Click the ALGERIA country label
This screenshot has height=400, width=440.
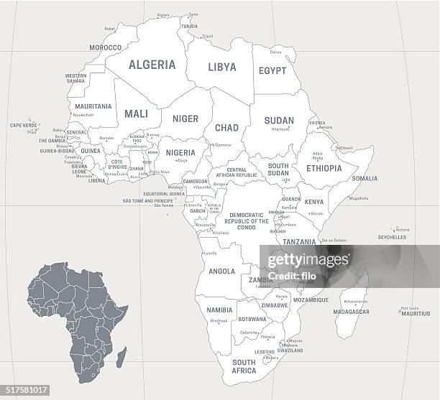(x=152, y=65)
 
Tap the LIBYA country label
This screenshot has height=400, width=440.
(x=221, y=67)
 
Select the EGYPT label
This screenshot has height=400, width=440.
(x=272, y=70)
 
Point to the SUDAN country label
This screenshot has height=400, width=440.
(x=279, y=120)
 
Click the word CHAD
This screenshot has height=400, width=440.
(x=226, y=128)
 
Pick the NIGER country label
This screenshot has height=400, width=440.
(x=185, y=119)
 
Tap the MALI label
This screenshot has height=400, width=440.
(x=136, y=113)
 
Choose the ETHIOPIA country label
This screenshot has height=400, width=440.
(x=324, y=168)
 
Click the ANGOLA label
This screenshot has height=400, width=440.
(x=221, y=271)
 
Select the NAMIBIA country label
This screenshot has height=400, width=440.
(x=219, y=310)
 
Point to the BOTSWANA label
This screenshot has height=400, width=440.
(x=252, y=319)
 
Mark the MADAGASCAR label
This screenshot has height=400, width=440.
(x=352, y=312)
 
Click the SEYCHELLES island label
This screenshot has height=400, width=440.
(x=392, y=237)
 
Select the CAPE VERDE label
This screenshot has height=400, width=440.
(x=23, y=125)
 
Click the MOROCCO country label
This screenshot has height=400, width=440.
(x=105, y=47)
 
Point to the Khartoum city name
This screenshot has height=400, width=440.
(x=280, y=130)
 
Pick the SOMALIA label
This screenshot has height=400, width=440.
(x=364, y=178)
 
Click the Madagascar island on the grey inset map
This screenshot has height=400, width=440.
(x=122, y=356)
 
